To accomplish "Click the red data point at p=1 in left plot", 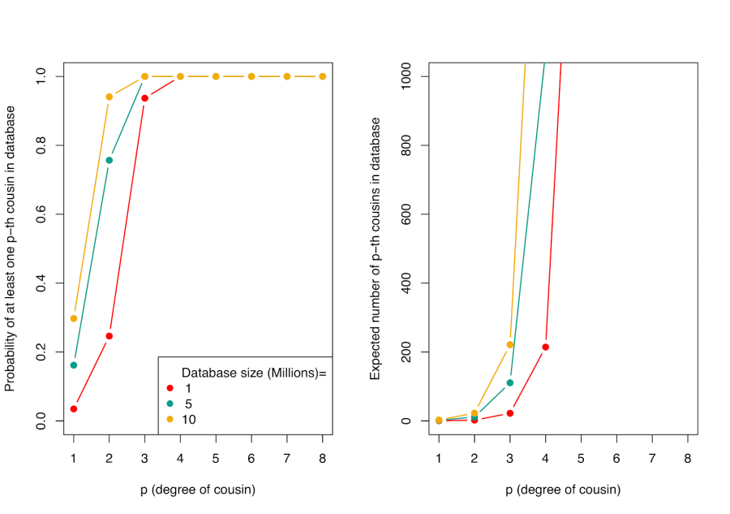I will (x=74, y=408).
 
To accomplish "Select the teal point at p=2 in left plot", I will (x=109, y=160).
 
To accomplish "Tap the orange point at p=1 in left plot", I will (x=74, y=318).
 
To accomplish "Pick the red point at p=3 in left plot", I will (x=145, y=98).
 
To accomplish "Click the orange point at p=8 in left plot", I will (x=323, y=76).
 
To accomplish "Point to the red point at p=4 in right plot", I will (x=546, y=347).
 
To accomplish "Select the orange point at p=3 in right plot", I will (x=510, y=344).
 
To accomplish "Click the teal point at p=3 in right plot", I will (x=510, y=382).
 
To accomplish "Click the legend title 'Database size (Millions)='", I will (x=253, y=373).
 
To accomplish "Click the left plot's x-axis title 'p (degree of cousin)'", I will (x=197, y=490).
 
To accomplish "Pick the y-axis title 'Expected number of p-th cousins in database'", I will (x=375, y=248).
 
